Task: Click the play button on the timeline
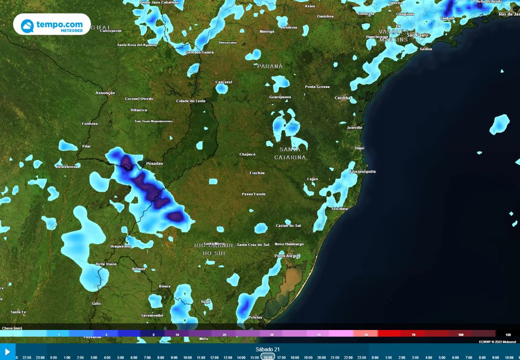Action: click(8, 351)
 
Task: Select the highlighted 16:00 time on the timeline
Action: click(268, 357)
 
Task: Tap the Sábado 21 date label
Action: click(268, 349)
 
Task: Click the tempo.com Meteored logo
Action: click(52, 24)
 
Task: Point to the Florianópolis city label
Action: click(363, 172)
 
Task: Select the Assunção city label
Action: click(105, 93)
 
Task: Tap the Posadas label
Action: click(154, 163)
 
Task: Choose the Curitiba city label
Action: click(343, 97)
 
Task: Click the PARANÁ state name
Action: click(269, 66)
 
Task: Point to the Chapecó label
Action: click(247, 154)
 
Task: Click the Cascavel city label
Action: click(224, 82)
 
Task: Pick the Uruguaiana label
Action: click(120, 246)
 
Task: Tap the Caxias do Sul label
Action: click(288, 225)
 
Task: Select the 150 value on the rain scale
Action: click(507, 335)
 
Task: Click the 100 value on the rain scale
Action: click(461, 335)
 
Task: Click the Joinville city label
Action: click(354, 127)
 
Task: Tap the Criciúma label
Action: click(340, 209)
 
